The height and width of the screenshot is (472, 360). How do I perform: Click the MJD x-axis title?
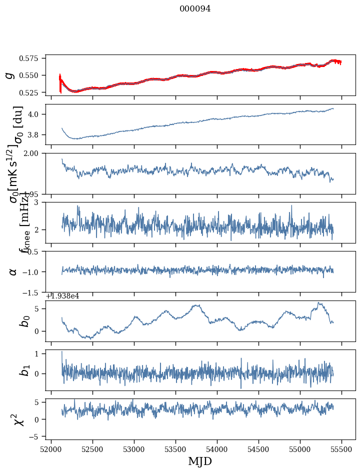(200, 461)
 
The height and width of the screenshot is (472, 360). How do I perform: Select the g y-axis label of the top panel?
(9, 75)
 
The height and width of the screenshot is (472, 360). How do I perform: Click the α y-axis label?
(13, 271)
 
